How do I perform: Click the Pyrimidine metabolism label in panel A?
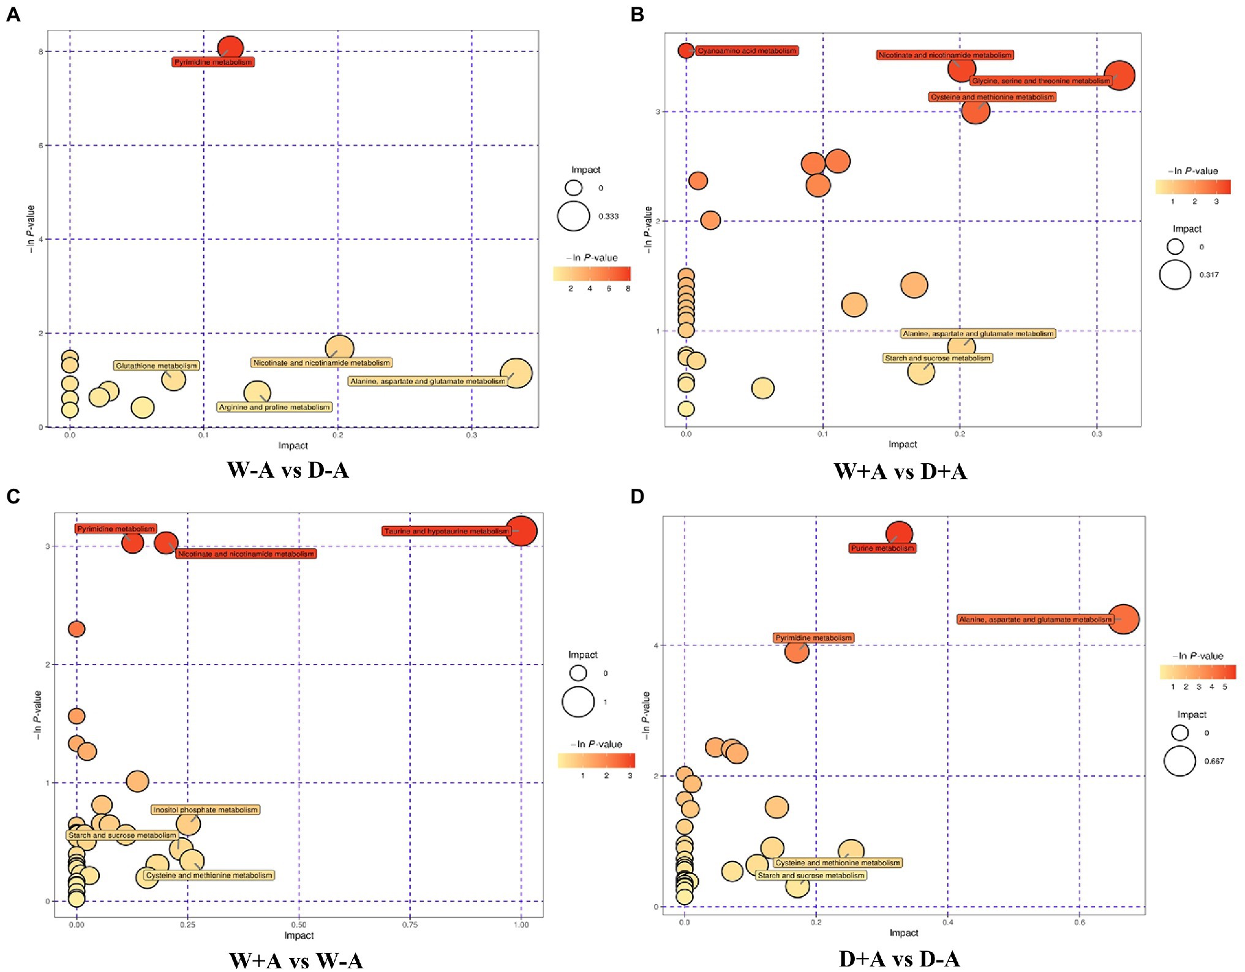(213, 62)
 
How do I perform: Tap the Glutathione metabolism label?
(156, 366)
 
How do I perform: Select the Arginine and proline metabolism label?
(274, 407)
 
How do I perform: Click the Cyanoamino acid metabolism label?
(747, 51)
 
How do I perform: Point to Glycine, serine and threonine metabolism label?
(1040, 81)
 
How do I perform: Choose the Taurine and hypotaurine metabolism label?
(446, 531)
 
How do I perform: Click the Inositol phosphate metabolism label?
(206, 810)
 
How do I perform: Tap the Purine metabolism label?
(882, 548)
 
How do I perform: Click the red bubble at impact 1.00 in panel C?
(522, 530)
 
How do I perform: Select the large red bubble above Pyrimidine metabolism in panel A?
(230, 48)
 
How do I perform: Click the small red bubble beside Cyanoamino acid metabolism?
(686, 51)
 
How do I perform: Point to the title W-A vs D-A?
(288, 470)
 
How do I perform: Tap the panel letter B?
(637, 15)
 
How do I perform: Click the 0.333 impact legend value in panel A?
(609, 216)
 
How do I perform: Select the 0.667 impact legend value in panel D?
(1214, 761)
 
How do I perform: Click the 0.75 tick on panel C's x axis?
(410, 925)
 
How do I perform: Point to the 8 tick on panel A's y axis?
(41, 51)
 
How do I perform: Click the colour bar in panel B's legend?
(1193, 187)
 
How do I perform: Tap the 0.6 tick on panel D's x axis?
(1080, 922)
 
